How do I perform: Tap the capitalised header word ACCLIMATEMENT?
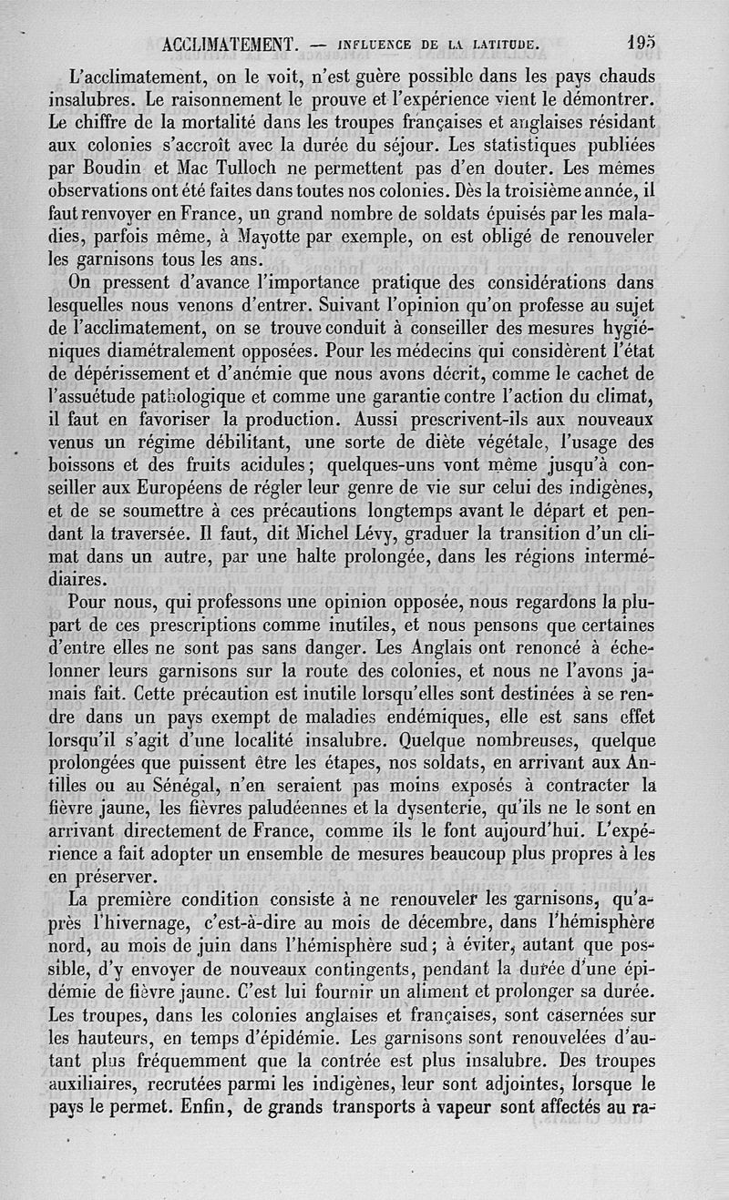(x=229, y=43)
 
